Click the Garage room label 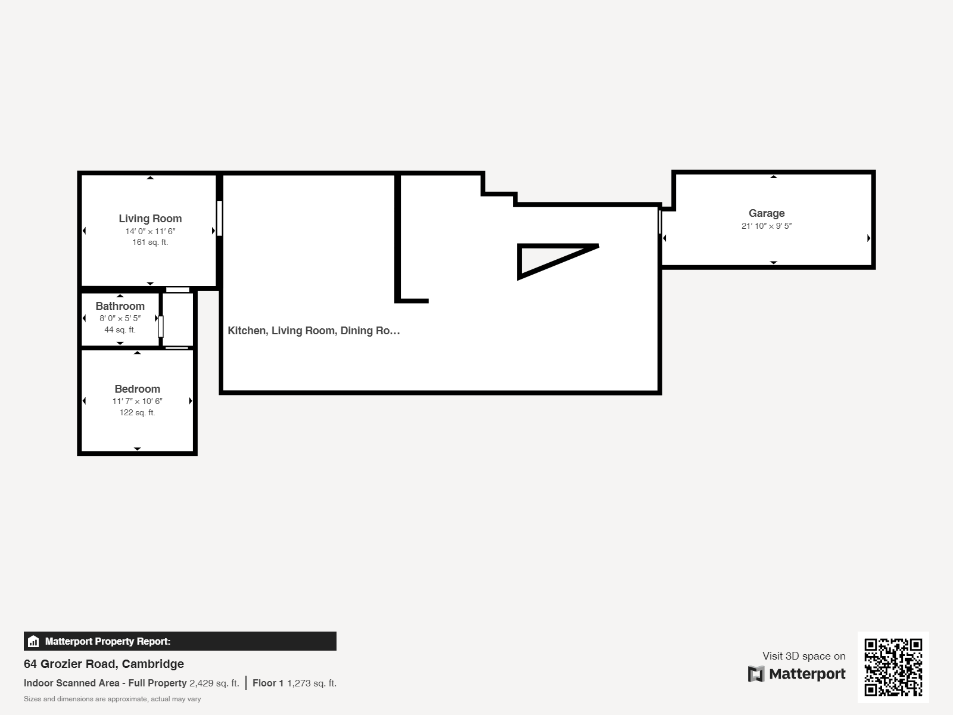tap(766, 213)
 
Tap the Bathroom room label tap(120, 306)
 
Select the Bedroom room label tap(137, 389)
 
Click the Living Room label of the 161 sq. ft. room tap(150, 219)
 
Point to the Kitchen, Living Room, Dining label tap(313, 331)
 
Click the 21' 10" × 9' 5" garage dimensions tap(766, 226)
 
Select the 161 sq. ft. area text tap(150, 243)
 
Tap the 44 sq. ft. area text tap(120, 329)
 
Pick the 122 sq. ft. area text tap(137, 412)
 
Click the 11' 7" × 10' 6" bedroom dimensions tap(137, 401)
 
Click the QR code tap(893, 667)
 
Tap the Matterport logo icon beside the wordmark tap(756, 674)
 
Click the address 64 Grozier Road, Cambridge tap(104, 664)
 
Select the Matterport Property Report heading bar tap(180, 641)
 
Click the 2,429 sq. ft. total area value tap(214, 683)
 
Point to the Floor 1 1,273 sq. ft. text tap(294, 683)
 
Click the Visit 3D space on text tap(803, 656)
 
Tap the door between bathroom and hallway tap(160, 327)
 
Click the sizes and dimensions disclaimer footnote tap(112, 699)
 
